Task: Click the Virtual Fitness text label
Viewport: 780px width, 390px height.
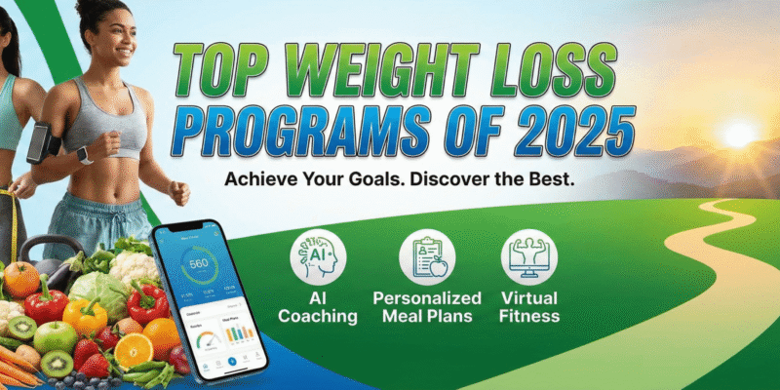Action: coord(529,308)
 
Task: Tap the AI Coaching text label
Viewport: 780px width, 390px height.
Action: coord(319,308)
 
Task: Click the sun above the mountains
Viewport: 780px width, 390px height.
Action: coord(739,133)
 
